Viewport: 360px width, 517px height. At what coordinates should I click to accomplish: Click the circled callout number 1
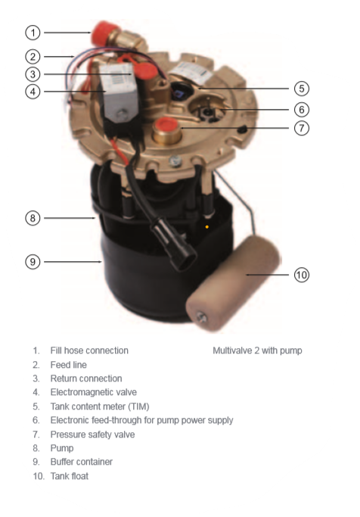click(33, 33)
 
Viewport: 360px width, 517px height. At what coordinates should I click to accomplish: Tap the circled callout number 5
click(301, 89)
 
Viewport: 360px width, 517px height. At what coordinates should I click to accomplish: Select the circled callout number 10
click(301, 275)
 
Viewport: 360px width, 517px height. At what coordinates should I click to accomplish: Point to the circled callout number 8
click(33, 218)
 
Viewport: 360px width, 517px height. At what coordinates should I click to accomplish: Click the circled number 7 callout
click(301, 128)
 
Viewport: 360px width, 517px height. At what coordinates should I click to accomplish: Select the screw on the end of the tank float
click(201, 318)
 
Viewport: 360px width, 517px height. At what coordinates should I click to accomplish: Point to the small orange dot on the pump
click(206, 227)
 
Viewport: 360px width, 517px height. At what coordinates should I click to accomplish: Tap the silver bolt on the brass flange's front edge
click(175, 161)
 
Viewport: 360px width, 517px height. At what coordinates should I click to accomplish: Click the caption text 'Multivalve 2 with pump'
click(257, 350)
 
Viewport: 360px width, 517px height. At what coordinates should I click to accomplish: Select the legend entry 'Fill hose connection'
click(89, 350)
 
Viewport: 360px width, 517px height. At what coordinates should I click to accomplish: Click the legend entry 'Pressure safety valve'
click(92, 434)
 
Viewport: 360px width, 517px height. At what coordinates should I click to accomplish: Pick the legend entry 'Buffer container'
click(82, 462)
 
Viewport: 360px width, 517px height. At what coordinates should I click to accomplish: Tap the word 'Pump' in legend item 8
click(62, 448)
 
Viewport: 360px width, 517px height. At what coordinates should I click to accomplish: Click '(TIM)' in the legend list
click(138, 406)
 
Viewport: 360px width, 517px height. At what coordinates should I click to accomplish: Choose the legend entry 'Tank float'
click(69, 476)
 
